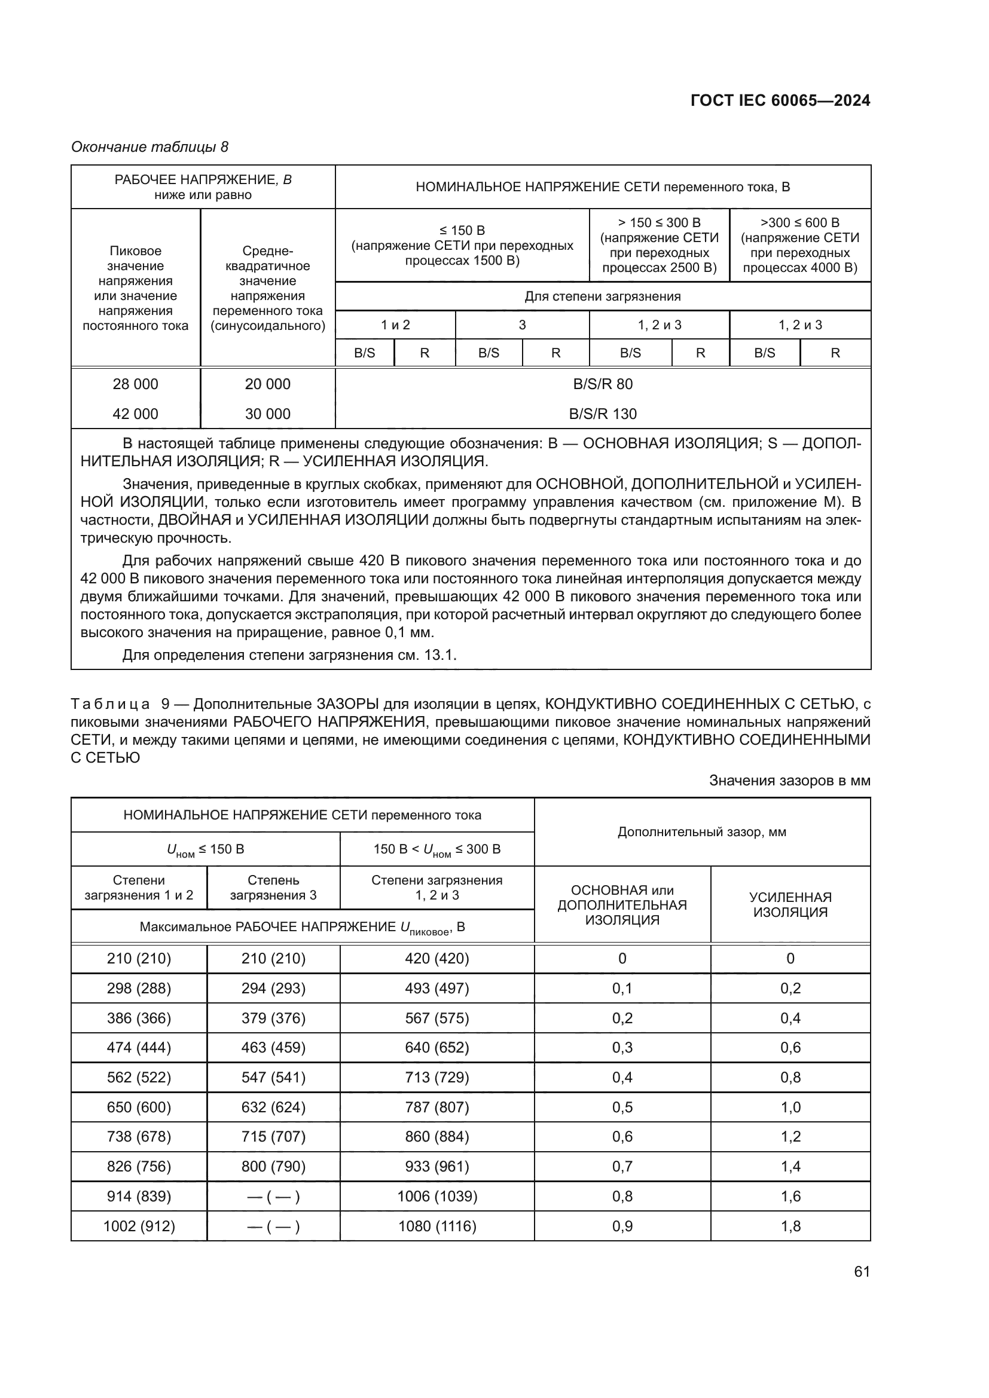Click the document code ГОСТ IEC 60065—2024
pos(780,101)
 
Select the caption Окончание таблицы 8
pos(150,147)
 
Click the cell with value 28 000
pos(135,384)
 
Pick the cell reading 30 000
pos(267,414)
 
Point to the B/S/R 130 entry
pos(602,414)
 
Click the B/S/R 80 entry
pos(602,384)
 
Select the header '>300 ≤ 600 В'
pos(799,223)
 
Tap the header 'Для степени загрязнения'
pos(602,296)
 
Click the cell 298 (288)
pos(139,988)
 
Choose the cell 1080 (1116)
pos(437,1226)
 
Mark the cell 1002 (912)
pos(139,1226)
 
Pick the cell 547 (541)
pos(273,1077)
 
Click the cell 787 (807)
pos(437,1107)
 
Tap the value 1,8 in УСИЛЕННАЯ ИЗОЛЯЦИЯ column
pos(790,1226)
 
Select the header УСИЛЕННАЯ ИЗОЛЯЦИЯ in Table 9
pos(790,905)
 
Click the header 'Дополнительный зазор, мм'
pos(701,832)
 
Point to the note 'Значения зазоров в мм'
pos(789,781)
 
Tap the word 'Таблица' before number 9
pos(110,705)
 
